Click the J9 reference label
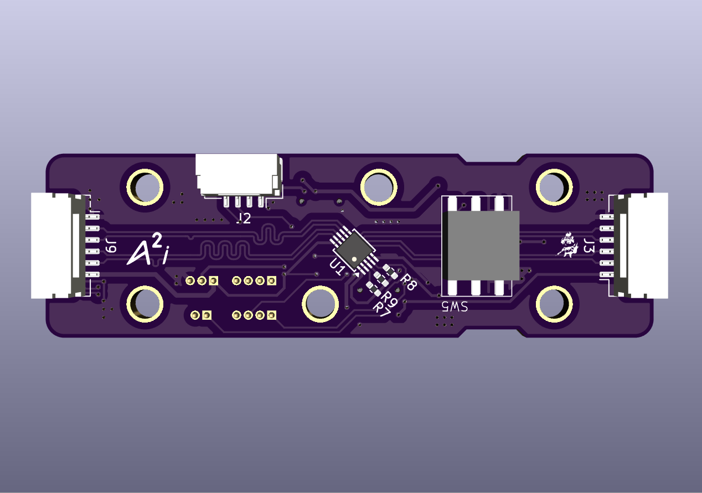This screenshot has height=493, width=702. pyautogui.click(x=111, y=245)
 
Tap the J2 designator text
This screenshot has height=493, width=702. pyautogui.click(x=243, y=219)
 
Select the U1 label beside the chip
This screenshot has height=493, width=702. pyautogui.click(x=337, y=267)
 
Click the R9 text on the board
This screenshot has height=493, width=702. pyautogui.click(x=389, y=298)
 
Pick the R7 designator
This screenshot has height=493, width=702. pyautogui.click(x=382, y=308)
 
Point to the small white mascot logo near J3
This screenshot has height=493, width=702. pyautogui.click(x=567, y=246)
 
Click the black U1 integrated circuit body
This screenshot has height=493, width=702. pyautogui.click(x=353, y=248)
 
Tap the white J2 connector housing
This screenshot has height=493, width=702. pyautogui.click(x=237, y=173)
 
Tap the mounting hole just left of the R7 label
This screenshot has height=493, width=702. pyautogui.click(x=320, y=303)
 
